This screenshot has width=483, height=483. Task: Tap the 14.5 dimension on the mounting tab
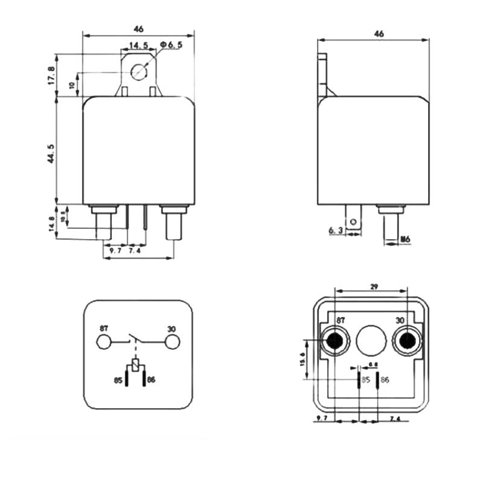click(138, 46)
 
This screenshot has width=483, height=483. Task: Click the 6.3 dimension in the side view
click(336, 231)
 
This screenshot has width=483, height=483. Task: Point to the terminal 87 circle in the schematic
click(104, 343)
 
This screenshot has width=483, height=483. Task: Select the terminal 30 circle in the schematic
click(173, 343)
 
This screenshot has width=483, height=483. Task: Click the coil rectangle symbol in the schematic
click(136, 365)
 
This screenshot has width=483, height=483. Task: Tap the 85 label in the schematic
click(118, 380)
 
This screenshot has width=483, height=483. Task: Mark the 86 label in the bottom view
click(385, 380)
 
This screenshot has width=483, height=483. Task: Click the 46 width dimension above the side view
click(379, 34)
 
